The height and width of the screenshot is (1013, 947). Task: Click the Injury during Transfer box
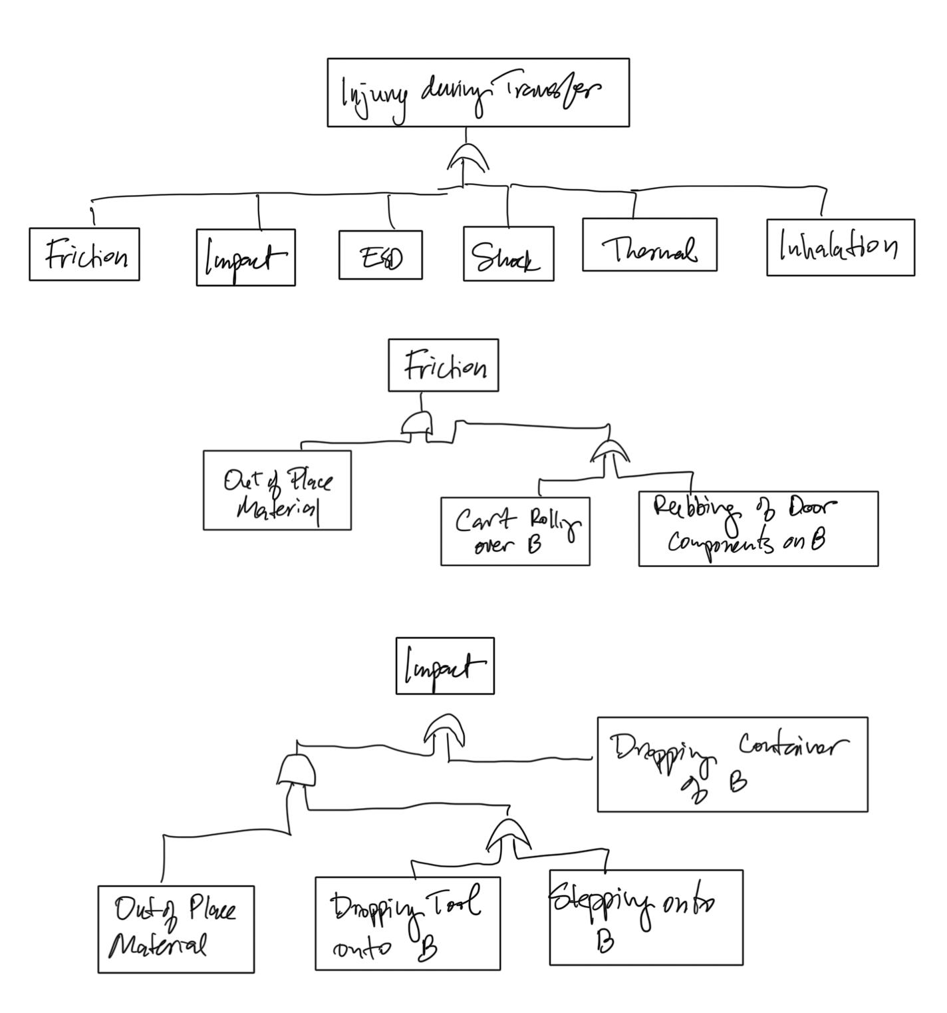pyautogui.click(x=477, y=93)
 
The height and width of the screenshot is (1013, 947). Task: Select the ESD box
pyautogui.click(x=380, y=255)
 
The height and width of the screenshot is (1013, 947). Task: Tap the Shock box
pyautogui.click(x=508, y=254)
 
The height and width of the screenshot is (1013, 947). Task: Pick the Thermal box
pyautogui.click(x=649, y=244)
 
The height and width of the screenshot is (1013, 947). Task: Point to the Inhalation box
pyautogui.click(x=840, y=247)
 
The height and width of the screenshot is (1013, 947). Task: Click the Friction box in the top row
pyautogui.click(x=84, y=254)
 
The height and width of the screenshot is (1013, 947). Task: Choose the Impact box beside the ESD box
pyautogui.click(x=245, y=258)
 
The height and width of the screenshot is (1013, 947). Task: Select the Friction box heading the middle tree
pyautogui.click(x=443, y=365)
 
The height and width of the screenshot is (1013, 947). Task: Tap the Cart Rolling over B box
pyautogui.click(x=515, y=531)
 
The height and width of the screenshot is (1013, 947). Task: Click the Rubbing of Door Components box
pyautogui.click(x=757, y=528)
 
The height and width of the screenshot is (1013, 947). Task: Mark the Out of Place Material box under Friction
pyautogui.click(x=277, y=491)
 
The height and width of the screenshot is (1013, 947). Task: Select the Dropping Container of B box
pyautogui.click(x=732, y=764)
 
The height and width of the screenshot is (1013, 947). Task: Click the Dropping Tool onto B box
pyautogui.click(x=407, y=923)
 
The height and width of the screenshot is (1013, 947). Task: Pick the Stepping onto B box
pyautogui.click(x=645, y=917)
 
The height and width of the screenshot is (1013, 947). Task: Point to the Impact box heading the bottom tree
pyautogui.click(x=445, y=666)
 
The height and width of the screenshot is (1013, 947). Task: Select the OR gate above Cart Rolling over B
pyautogui.click(x=610, y=453)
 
